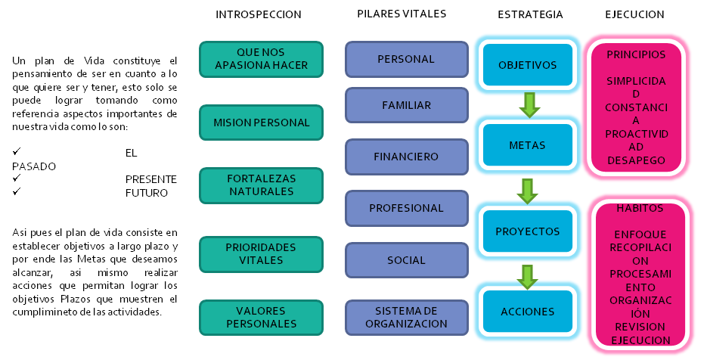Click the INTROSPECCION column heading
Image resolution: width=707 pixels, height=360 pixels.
tap(258, 14)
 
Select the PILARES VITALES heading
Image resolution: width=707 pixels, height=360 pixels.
tap(402, 14)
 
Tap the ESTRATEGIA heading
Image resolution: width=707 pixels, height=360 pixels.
tap(530, 14)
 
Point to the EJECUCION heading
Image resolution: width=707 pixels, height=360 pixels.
tap(635, 14)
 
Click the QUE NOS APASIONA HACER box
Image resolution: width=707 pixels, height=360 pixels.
tap(261, 60)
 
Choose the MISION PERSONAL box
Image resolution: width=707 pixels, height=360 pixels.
tap(261, 123)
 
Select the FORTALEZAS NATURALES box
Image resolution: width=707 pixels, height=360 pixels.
tap(261, 185)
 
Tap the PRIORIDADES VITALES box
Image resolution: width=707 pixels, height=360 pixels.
tap(261, 254)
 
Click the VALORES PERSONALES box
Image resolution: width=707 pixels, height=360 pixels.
tap(261, 318)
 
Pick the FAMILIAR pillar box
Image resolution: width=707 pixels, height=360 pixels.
tap(406, 106)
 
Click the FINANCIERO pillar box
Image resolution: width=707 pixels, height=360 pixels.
tap(406, 157)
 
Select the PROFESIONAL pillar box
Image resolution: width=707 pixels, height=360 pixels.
tap(406, 208)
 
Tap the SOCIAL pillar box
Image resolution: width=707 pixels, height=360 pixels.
tap(406, 260)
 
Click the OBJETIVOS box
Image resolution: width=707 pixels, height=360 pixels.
tap(527, 65)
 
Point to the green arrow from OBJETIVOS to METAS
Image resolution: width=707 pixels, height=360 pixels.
tap(529, 104)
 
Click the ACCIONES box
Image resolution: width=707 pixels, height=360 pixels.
tap(527, 312)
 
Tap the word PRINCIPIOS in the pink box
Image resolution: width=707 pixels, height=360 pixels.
tap(636, 55)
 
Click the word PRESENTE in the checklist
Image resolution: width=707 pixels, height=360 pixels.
tap(150, 179)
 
